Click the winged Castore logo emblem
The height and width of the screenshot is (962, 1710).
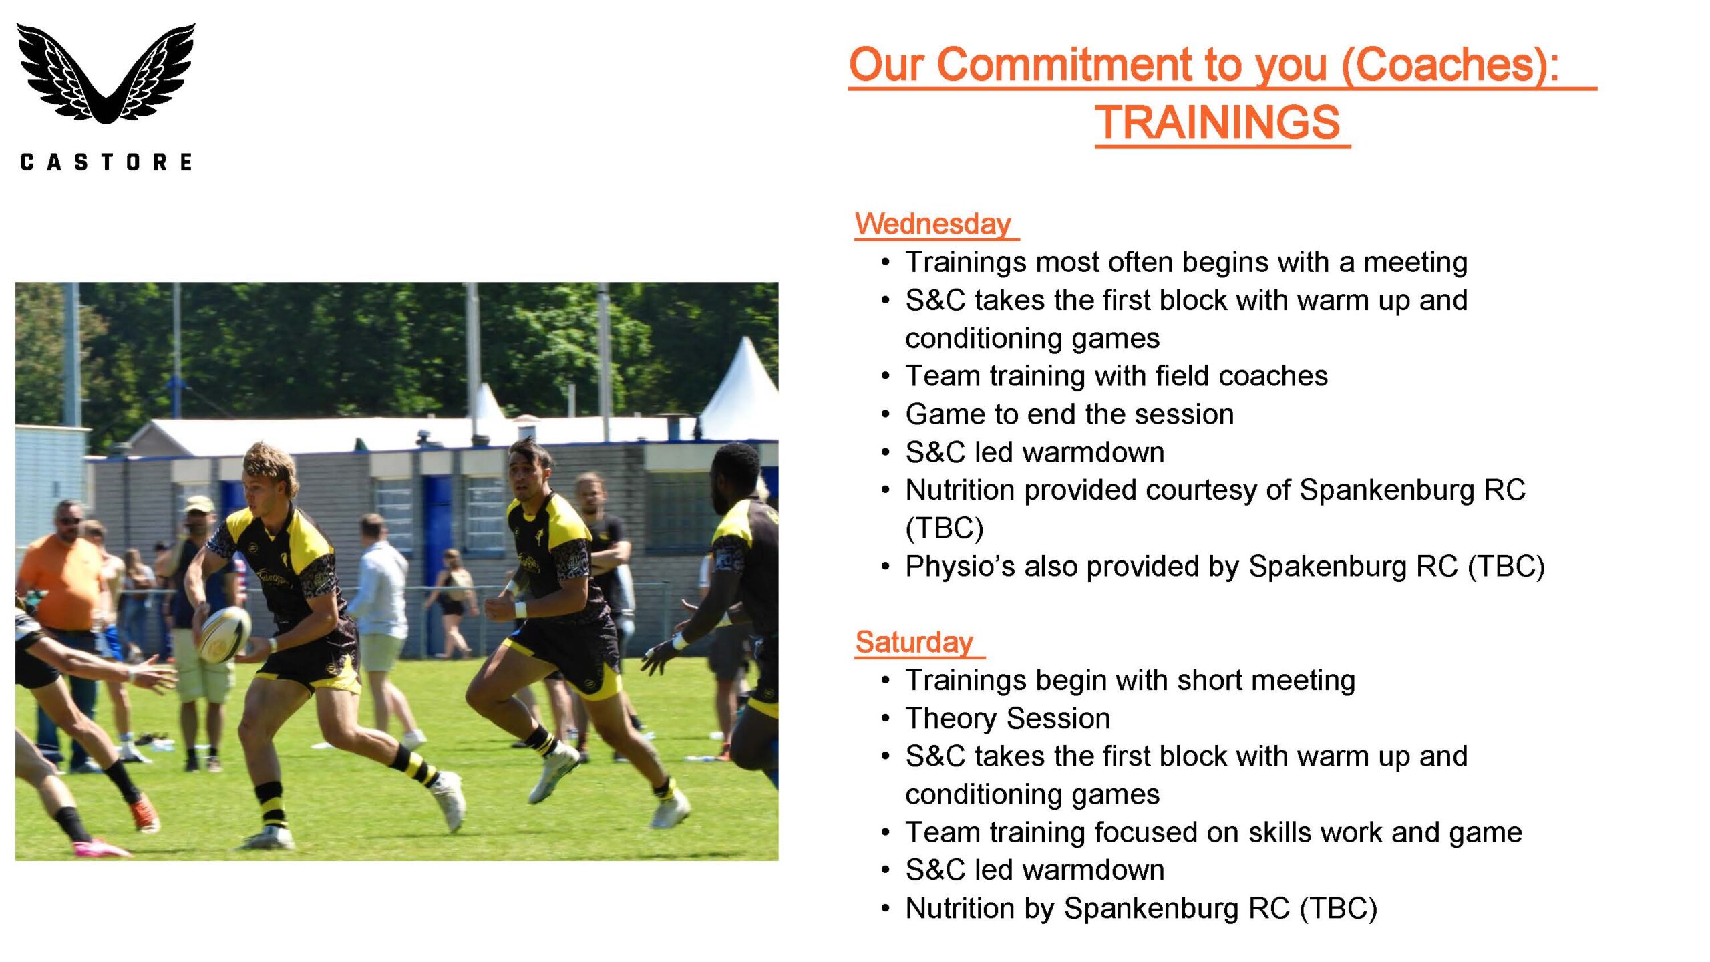point(106,73)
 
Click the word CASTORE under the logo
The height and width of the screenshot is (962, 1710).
point(106,162)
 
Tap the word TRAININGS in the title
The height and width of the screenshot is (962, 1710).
point(1217,122)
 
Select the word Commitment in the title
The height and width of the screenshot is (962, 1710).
point(1065,65)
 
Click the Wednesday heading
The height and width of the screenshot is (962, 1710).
point(933,224)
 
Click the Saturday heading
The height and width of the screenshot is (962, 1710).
point(914,642)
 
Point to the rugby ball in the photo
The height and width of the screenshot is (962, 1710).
point(225,634)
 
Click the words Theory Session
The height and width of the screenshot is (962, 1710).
point(1008,719)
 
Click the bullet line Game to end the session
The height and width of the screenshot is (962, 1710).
point(1069,414)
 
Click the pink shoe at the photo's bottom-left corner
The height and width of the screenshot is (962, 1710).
point(100,848)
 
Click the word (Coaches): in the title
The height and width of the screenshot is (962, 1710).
point(1450,65)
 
